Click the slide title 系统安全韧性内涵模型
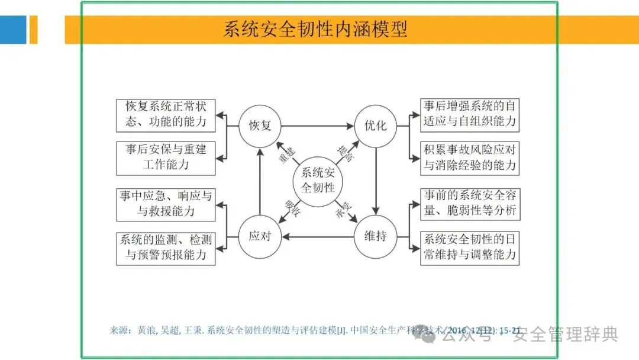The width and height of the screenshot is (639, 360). [315, 30]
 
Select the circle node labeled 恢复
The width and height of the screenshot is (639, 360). [260, 126]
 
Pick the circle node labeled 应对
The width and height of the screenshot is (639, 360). [260, 236]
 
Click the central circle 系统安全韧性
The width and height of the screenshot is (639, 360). [318, 181]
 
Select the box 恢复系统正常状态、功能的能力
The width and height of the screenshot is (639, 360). [166, 115]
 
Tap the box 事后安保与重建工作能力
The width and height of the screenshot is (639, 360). [166, 157]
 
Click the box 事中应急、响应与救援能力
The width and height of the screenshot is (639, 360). [166, 203]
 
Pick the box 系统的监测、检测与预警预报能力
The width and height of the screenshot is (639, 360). [166, 248]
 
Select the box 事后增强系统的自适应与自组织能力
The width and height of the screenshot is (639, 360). [469, 115]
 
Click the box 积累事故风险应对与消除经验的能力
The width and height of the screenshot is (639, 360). [469, 157]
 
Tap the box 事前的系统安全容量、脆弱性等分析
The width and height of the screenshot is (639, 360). [469, 203]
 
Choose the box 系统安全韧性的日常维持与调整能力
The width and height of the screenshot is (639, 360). [469, 248]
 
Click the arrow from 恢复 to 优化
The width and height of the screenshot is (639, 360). [317, 126]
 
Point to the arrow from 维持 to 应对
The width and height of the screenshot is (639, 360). [317, 237]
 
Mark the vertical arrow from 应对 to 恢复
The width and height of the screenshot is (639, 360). [260, 181]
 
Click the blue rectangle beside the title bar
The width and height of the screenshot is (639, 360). [13, 30]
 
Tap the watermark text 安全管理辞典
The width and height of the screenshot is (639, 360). [565, 335]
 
